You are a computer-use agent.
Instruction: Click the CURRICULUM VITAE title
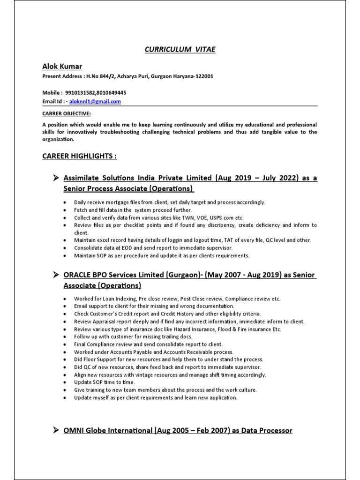click(x=180, y=50)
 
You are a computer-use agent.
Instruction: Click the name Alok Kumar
click(x=62, y=67)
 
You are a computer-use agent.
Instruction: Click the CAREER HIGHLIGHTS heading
click(x=79, y=156)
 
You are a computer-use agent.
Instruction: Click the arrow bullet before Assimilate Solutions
click(x=55, y=178)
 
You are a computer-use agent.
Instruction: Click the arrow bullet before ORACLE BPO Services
click(x=55, y=275)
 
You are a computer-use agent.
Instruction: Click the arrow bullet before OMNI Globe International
click(x=55, y=430)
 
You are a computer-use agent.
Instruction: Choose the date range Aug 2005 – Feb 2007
click(x=192, y=430)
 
